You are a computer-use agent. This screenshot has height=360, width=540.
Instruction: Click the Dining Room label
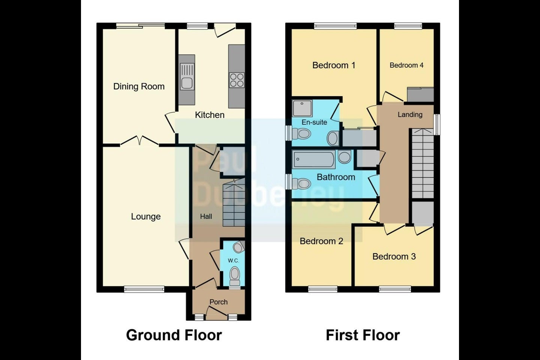click(139, 86)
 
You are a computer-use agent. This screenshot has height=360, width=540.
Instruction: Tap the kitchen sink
click(187, 76)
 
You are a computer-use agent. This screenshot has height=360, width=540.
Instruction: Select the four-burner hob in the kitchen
click(237, 80)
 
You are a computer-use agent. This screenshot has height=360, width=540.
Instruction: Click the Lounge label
click(145, 216)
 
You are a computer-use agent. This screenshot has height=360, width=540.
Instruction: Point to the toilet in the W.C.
click(235, 276)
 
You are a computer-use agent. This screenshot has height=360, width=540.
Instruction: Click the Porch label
click(218, 302)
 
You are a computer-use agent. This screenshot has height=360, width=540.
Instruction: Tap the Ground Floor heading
click(174, 335)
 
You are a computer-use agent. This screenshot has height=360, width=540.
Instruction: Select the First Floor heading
click(363, 335)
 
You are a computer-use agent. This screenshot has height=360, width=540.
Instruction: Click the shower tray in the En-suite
click(302, 108)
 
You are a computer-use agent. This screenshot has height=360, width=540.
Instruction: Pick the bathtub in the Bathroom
click(313, 159)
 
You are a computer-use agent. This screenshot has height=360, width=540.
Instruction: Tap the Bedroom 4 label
click(406, 65)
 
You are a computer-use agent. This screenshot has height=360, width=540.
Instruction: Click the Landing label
click(410, 114)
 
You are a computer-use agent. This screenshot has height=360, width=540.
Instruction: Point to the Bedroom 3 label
click(394, 256)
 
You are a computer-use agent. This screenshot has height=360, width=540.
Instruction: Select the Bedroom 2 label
click(321, 241)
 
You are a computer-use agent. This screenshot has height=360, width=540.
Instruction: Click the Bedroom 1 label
click(334, 65)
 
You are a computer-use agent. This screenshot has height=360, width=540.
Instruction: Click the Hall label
click(206, 216)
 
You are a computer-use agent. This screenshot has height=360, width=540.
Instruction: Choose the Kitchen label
click(210, 115)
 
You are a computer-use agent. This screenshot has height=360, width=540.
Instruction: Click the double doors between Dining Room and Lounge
click(139, 141)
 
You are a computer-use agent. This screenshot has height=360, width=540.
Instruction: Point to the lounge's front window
click(144, 289)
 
